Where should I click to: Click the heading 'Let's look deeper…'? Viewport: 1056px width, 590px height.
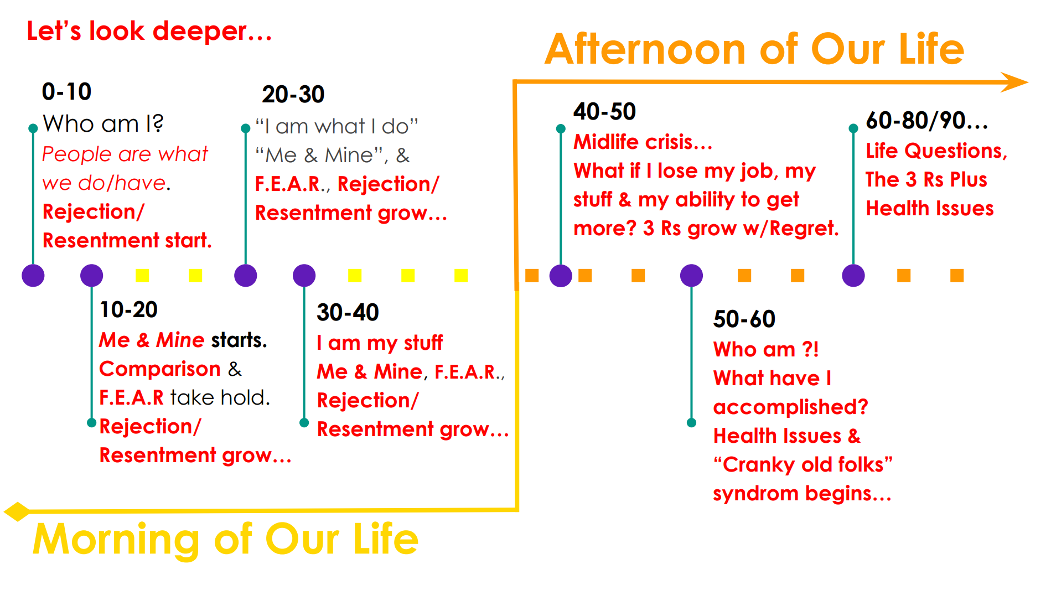tap(149, 31)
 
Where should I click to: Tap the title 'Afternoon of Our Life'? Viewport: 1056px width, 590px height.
tap(754, 49)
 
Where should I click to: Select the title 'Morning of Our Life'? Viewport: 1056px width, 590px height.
tap(226, 539)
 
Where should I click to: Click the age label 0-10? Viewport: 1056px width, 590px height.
tap(66, 91)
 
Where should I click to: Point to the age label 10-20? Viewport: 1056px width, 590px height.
tap(128, 309)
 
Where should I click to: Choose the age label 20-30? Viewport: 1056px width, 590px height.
tap(293, 94)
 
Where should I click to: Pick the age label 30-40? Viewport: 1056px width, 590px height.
tap(348, 312)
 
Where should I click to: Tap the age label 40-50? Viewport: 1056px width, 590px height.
tap(604, 111)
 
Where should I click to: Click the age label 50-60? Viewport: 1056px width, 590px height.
tap(744, 319)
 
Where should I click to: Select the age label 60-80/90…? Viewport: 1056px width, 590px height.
tap(927, 120)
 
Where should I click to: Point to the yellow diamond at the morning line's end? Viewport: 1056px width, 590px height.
tap(17, 511)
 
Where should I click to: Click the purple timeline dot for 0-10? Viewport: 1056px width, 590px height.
tap(33, 275)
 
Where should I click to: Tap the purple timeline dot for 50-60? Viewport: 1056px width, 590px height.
tap(691, 275)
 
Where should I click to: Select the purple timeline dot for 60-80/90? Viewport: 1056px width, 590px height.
tap(853, 275)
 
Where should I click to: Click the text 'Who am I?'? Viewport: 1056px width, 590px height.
tap(103, 123)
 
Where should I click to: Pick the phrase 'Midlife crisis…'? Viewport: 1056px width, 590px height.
tap(643, 142)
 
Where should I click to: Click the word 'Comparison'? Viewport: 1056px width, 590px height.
tap(160, 369)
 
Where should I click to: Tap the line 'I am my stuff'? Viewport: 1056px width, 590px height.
tap(380, 343)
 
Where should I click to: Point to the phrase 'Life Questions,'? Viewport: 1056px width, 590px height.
tap(936, 151)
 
